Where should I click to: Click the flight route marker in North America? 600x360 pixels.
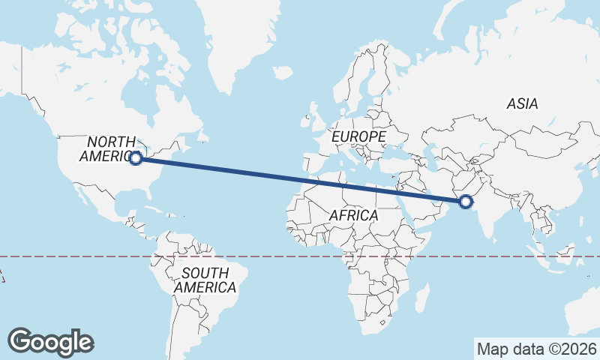click(x=136, y=158)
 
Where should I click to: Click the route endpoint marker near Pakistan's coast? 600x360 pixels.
click(x=466, y=201)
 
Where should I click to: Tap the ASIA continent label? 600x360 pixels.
click(x=522, y=103)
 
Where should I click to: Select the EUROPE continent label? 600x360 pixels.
click(x=358, y=137)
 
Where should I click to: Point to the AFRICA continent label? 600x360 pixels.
click(x=353, y=215)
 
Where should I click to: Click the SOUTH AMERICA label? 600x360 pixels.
click(x=204, y=280)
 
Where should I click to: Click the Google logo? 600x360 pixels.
click(x=50, y=342)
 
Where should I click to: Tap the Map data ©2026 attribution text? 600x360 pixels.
click(x=537, y=349)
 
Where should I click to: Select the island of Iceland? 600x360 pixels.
click(x=282, y=73)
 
